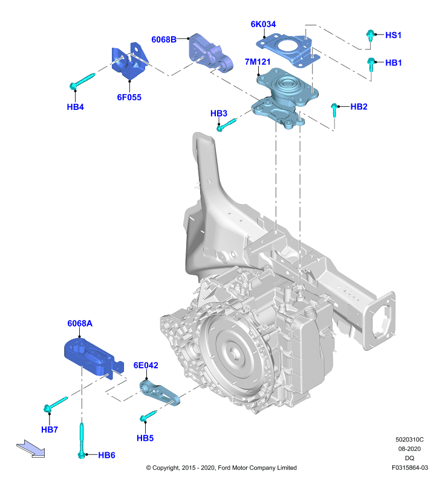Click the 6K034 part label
pyautogui.click(x=263, y=24)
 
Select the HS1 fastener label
pyautogui.click(x=393, y=35)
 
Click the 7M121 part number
pyautogui.click(x=258, y=62)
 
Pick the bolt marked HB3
pyautogui.click(x=226, y=124)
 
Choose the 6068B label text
pyautogui.click(x=164, y=39)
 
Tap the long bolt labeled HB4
pyautogui.click(x=82, y=82)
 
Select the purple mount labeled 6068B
pyautogui.click(x=210, y=53)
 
